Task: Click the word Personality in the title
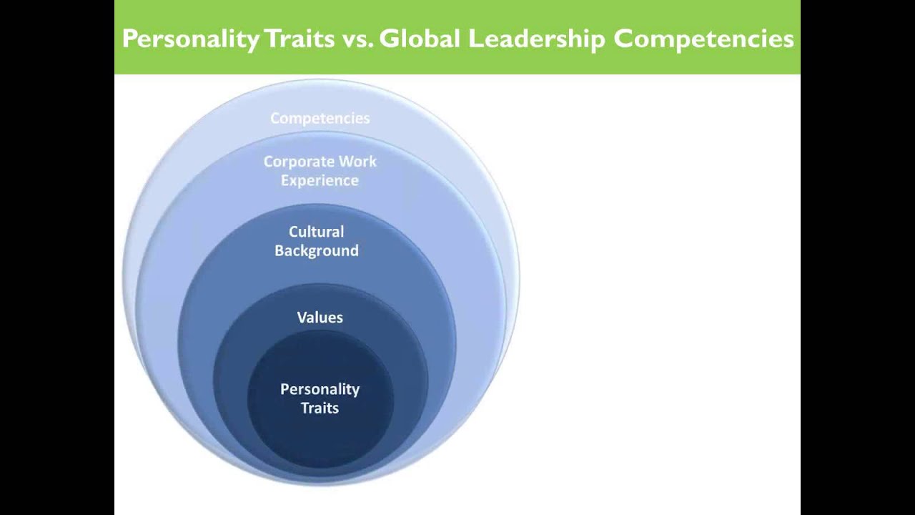[x=190, y=39]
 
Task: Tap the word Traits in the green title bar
[x=299, y=39]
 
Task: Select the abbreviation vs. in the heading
[x=356, y=39]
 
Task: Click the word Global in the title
[x=420, y=39]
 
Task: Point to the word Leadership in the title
[x=536, y=39]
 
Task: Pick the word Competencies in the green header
[x=703, y=39]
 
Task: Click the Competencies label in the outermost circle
[x=320, y=118]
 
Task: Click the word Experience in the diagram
[x=320, y=180]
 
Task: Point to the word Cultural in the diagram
[x=316, y=232]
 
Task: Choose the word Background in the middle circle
[x=316, y=250]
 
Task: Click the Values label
[x=320, y=317]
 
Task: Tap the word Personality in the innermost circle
[x=320, y=389]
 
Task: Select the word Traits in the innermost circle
[x=320, y=408]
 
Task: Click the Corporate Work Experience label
[x=320, y=171]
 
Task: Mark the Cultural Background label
[x=316, y=241]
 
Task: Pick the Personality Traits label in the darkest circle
[x=320, y=398]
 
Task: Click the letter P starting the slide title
[x=129, y=39]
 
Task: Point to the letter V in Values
[x=302, y=317]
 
